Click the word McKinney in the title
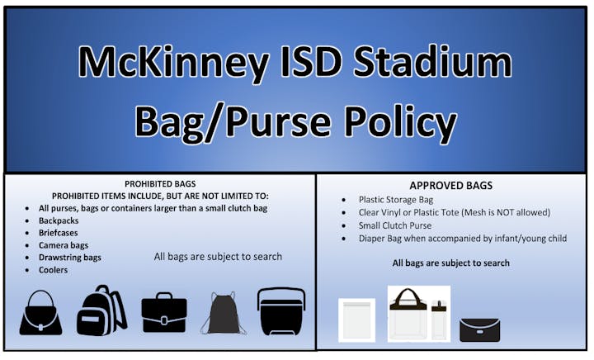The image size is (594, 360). click(x=173, y=63)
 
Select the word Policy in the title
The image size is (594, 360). click(x=400, y=121)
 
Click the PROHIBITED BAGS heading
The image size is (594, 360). click(x=160, y=184)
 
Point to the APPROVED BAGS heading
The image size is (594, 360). click(x=450, y=185)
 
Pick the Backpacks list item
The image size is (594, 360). click(x=59, y=220)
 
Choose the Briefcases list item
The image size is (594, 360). click(x=58, y=233)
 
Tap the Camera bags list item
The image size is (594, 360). click(x=64, y=245)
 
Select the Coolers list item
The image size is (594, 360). click(x=53, y=270)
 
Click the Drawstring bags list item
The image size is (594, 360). click(x=69, y=258)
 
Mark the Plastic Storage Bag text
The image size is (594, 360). click(x=396, y=200)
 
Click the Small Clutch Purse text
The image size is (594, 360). click(x=395, y=225)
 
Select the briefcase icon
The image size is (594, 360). click(x=164, y=314)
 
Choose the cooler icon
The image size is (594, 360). click(x=281, y=312)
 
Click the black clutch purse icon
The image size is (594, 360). click(x=479, y=330)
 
